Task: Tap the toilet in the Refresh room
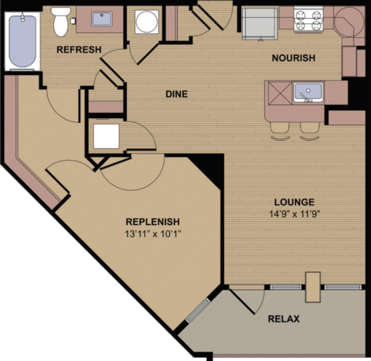pos(62,22)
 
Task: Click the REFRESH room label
pos(80,50)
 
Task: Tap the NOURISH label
pos(293,59)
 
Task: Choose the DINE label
pos(177,94)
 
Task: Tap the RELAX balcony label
pos(283,318)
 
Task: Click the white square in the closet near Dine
pos(106,136)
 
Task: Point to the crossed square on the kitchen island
pos(277,92)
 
